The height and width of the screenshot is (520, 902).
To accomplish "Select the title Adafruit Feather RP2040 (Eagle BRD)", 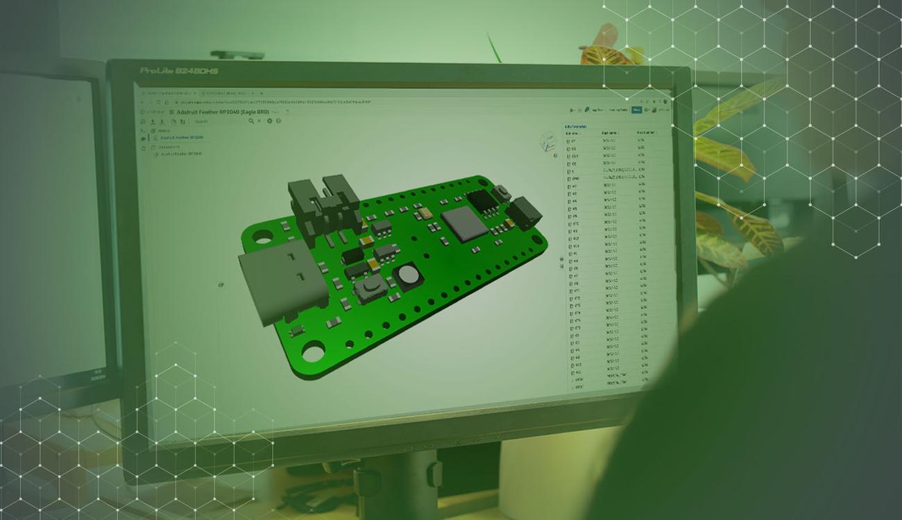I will (222, 112).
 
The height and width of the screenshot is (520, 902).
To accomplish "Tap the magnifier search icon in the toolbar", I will (251, 121).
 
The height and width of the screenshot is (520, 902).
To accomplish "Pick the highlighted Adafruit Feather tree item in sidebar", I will (182, 138).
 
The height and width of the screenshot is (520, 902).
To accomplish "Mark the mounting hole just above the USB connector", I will (262, 237).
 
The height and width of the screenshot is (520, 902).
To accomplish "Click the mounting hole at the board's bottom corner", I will (313, 352).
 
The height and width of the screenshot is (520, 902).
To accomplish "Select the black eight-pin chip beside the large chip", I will (482, 200).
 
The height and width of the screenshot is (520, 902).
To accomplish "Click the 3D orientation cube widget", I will (547, 142).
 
